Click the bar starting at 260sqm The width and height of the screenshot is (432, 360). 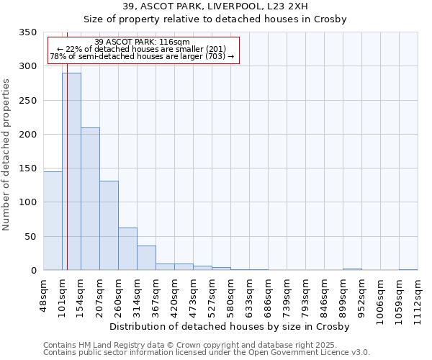tap(127, 249)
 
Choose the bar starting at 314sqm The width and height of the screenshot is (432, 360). tap(146, 258)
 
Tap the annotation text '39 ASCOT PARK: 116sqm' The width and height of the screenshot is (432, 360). tap(142, 42)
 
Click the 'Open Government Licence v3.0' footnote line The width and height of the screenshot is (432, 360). tap(207, 353)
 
